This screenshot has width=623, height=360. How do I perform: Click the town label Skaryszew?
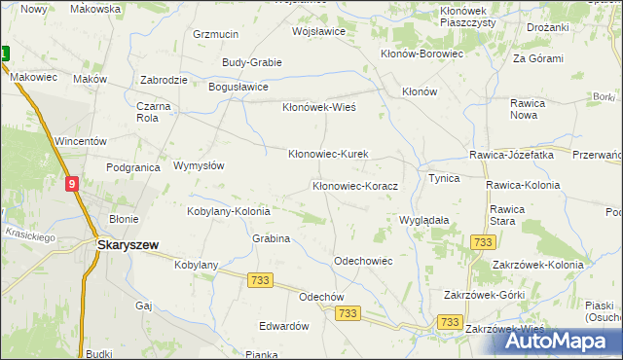click(x=128, y=245)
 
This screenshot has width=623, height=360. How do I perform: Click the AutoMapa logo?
click(x=550, y=341)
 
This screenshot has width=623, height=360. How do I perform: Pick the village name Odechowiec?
click(x=362, y=261)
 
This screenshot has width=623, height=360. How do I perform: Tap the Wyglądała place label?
click(x=424, y=220)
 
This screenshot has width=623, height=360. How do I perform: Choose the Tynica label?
click(x=444, y=179)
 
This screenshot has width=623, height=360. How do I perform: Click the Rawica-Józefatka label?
click(x=511, y=155)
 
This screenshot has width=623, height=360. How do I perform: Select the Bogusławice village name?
click(x=238, y=87)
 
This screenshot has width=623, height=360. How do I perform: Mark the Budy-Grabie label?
click(x=252, y=62)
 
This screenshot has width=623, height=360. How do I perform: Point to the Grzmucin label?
click(x=216, y=34)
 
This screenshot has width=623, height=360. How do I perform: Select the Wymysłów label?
click(x=199, y=165)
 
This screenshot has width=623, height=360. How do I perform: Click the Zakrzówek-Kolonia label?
click(x=538, y=265)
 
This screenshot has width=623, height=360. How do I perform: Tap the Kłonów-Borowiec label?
click(x=421, y=54)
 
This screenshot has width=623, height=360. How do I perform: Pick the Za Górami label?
click(x=538, y=58)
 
